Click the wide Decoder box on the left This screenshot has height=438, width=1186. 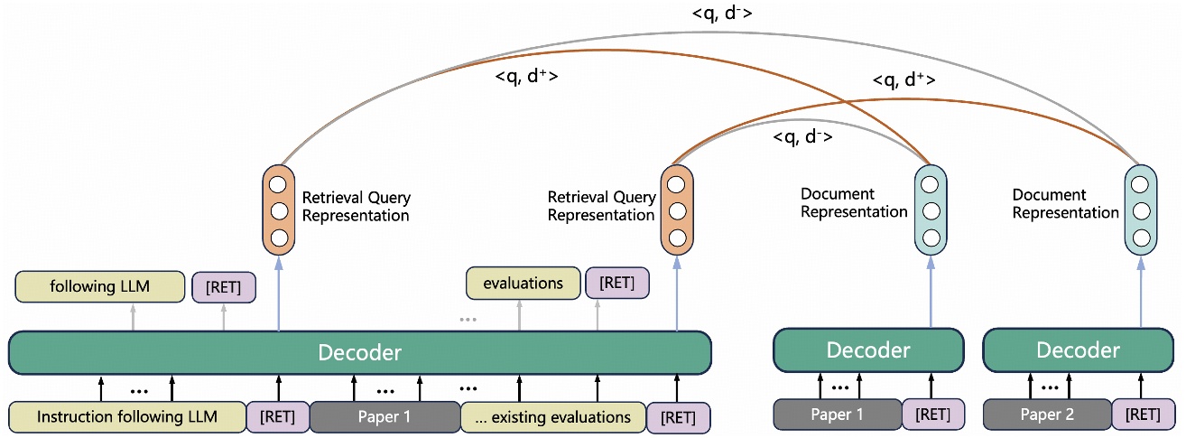point(359,352)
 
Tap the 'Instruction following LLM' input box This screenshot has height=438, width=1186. point(126,417)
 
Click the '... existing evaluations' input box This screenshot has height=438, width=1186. point(553,417)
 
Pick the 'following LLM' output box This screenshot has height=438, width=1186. point(100,287)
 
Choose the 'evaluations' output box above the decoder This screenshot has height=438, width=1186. point(523,284)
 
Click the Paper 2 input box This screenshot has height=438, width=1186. point(1046,415)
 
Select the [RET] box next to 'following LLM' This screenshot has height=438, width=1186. point(224,287)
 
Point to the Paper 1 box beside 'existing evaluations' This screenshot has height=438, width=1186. point(385,417)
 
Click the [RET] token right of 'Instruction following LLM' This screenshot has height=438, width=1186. point(277,417)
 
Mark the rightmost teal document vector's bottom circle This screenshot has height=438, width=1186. point(1141,238)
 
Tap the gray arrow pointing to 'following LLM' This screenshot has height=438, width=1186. point(134,317)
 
